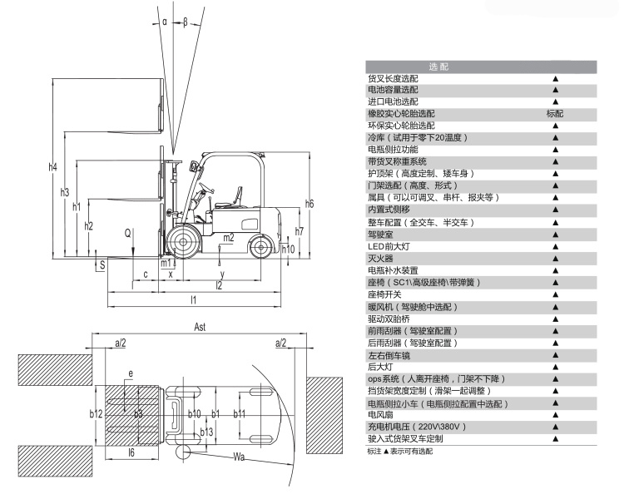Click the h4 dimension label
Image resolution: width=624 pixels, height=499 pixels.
[x=54, y=167]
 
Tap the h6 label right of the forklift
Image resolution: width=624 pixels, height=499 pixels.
[x=310, y=203]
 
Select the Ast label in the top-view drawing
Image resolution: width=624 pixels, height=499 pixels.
[x=200, y=327]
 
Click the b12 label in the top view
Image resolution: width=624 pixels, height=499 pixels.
[x=96, y=413]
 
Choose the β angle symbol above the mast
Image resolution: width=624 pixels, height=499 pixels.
[x=185, y=22]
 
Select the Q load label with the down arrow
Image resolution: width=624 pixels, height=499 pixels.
[x=128, y=235]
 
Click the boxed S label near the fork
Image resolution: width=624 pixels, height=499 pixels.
[x=102, y=265]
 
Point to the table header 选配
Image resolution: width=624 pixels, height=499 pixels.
[x=438, y=66]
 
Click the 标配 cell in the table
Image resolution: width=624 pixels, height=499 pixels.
[x=555, y=113]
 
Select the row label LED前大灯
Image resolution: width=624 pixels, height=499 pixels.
[x=389, y=246]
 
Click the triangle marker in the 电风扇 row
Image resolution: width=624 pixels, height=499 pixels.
[x=555, y=414]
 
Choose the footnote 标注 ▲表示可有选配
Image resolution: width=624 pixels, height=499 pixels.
[x=400, y=451]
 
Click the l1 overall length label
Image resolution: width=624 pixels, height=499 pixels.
[x=192, y=299]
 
